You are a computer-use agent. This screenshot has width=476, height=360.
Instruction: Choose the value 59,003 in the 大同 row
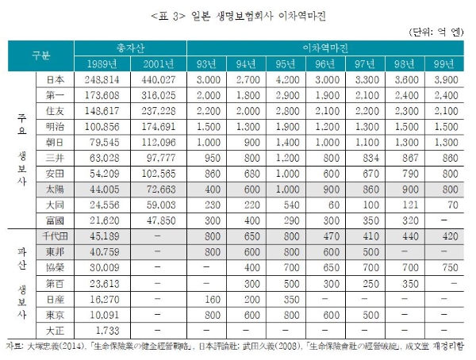(160, 205)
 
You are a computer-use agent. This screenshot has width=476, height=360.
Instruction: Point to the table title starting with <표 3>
(237, 13)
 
